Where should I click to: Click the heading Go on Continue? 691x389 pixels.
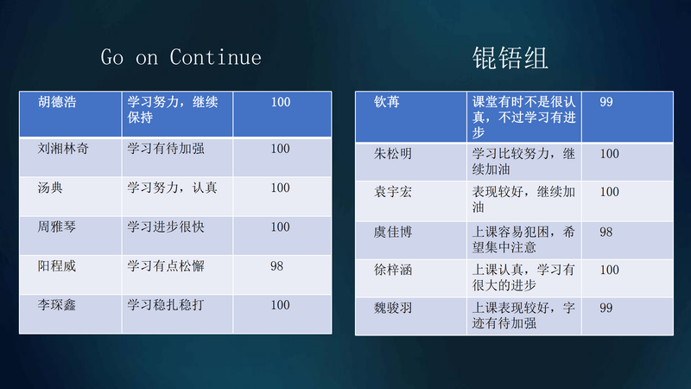(x=181, y=57)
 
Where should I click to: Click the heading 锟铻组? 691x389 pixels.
(x=510, y=58)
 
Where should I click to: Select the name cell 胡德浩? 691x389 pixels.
(x=57, y=102)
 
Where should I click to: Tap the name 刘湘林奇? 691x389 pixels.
(x=63, y=149)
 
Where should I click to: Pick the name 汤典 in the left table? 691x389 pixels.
(x=50, y=188)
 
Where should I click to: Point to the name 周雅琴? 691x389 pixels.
(x=57, y=227)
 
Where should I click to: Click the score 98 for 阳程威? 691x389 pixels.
(x=276, y=266)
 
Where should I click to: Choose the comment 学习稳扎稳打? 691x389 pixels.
(x=166, y=305)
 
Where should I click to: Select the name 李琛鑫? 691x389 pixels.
(x=57, y=305)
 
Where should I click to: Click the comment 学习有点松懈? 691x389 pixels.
(x=166, y=266)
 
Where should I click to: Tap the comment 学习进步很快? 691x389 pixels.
(x=166, y=227)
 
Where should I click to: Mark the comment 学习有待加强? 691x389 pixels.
(x=166, y=149)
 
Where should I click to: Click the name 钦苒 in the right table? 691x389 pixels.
(x=387, y=102)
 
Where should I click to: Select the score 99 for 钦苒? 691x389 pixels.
(x=606, y=102)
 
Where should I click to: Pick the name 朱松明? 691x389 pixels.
(x=393, y=154)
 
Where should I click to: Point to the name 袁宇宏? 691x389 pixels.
(x=393, y=192)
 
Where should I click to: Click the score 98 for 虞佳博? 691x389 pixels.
(x=606, y=233)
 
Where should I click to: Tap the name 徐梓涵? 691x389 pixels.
(x=393, y=270)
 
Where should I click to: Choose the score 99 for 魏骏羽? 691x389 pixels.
(x=606, y=309)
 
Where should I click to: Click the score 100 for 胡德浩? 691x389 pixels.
(x=281, y=102)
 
